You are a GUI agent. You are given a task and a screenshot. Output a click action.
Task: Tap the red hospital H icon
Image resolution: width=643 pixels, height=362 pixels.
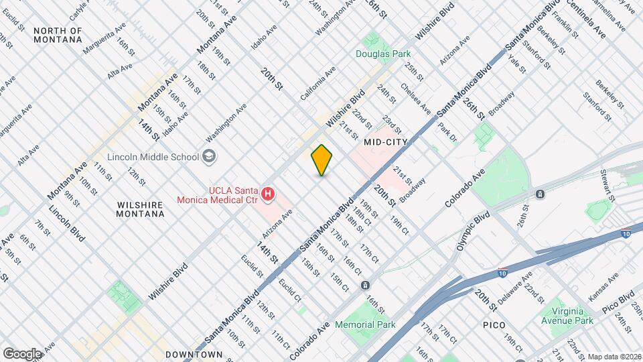click(x=268, y=194)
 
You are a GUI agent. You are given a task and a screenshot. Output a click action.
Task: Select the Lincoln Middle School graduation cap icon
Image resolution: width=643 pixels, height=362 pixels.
click(x=210, y=157)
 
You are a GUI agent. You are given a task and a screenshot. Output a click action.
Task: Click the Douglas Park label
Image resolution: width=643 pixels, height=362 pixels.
click(x=382, y=53)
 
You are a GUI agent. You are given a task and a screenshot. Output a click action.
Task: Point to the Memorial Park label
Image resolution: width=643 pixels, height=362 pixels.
click(x=366, y=324)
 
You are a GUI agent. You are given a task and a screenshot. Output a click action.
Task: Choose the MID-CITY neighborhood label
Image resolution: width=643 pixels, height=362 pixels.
click(x=386, y=143)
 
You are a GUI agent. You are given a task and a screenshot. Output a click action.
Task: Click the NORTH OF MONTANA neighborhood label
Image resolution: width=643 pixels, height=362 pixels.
click(x=58, y=36)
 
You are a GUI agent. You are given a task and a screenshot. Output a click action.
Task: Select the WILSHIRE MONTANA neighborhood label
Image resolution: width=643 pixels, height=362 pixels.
click(x=131, y=209)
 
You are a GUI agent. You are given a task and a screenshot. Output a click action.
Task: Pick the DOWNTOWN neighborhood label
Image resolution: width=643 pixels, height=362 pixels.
click(x=194, y=354)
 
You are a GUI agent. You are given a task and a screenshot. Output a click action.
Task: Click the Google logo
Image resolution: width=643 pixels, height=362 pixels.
click(x=21, y=353)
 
